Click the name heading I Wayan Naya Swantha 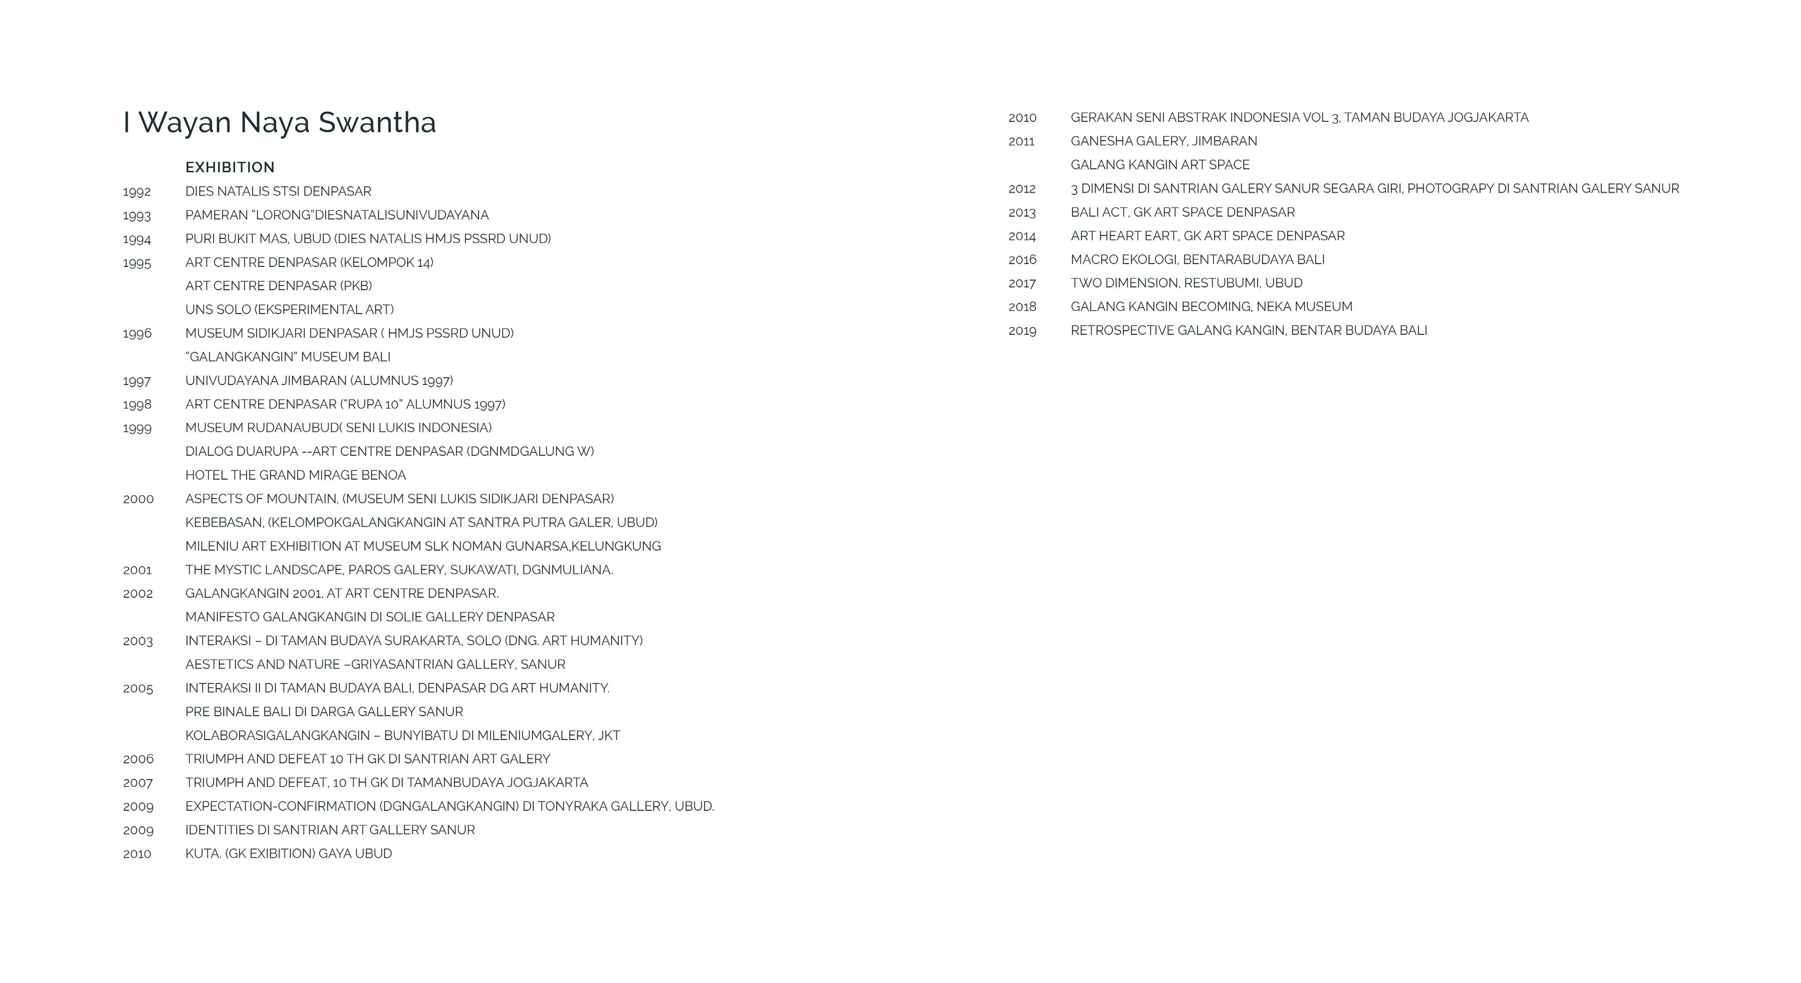(x=280, y=122)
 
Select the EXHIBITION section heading (x=230, y=167)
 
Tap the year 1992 (x=137, y=192)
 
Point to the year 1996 (x=137, y=333)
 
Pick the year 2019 (x=1022, y=331)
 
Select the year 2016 (x=1022, y=260)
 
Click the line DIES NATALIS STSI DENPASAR (x=278, y=192)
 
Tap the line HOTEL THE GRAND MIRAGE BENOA (x=296, y=475)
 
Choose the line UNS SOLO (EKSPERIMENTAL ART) (x=290, y=310)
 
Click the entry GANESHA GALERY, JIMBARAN (x=1163, y=141)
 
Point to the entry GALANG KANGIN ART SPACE (x=1160, y=165)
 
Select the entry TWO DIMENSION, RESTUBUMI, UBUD (x=1187, y=283)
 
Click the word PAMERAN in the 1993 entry (x=216, y=216)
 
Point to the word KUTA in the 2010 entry (x=201, y=854)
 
